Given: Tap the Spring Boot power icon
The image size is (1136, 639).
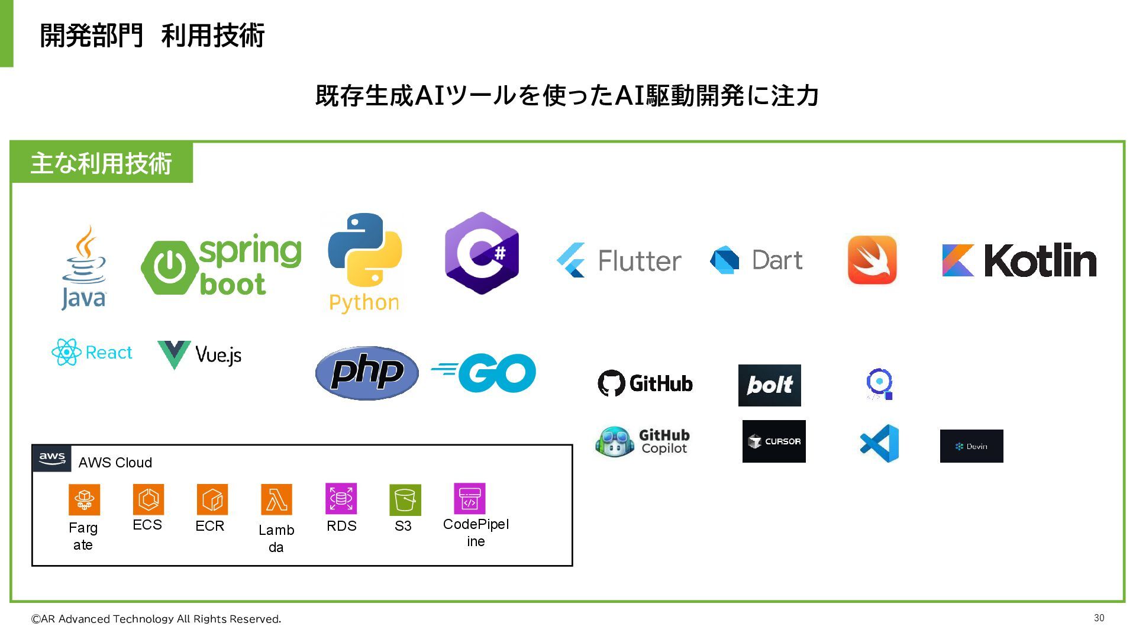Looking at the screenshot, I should (x=170, y=267).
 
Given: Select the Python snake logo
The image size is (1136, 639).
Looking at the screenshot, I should (x=364, y=250).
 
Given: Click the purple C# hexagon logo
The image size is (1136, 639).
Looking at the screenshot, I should (x=482, y=253).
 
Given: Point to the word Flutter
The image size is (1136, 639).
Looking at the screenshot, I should (x=640, y=261).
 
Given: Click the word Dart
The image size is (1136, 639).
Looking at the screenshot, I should (x=777, y=260).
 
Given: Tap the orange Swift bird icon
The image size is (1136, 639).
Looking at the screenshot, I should (x=872, y=260).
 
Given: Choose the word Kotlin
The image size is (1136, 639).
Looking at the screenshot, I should (x=1040, y=260).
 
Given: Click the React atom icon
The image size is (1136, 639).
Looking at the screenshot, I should (x=66, y=352).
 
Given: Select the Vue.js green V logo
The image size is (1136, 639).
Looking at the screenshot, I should (x=174, y=354).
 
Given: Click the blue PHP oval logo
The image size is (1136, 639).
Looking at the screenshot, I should (x=367, y=373).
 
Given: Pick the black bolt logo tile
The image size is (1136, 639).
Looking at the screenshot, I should (x=769, y=385).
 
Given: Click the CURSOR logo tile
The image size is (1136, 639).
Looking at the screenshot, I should (x=774, y=441).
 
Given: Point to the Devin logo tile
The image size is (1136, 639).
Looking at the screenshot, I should (x=972, y=446).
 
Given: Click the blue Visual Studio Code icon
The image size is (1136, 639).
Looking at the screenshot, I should (x=879, y=443).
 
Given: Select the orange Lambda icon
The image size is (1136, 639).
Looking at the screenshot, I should (x=276, y=500).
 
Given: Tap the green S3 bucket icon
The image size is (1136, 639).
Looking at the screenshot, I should (x=405, y=500).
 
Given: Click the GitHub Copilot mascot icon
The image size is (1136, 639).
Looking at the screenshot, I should (x=615, y=442).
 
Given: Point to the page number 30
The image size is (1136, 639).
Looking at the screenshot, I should (x=1099, y=618).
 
